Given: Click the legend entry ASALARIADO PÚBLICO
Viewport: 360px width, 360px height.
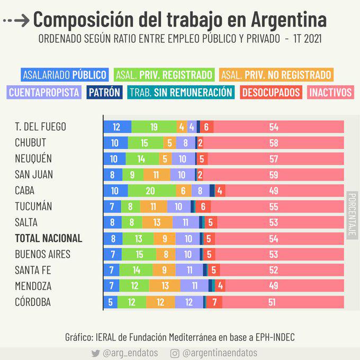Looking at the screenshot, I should click(x=65, y=75).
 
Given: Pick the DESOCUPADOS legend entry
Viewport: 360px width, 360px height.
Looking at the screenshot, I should click(x=272, y=92).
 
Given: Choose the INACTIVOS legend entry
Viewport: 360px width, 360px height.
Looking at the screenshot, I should click(x=330, y=92).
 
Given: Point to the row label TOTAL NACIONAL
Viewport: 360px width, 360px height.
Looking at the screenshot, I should click(x=49, y=238).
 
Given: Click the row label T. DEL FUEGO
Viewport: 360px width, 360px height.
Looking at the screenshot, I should click(x=41, y=127).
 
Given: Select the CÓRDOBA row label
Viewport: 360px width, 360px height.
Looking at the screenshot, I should click(x=36, y=302).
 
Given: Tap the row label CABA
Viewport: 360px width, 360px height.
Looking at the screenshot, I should click(x=25, y=191).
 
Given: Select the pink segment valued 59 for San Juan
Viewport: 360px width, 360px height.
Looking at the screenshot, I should click(x=274, y=175).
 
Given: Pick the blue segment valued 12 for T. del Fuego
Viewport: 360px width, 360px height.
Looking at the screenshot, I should click(x=117, y=127).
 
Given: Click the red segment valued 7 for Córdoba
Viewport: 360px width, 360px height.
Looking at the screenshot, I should click(x=214, y=302).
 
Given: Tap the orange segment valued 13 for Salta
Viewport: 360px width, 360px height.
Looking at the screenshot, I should click(x=157, y=222).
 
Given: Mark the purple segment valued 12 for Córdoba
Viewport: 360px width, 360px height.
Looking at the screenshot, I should click(x=188, y=302).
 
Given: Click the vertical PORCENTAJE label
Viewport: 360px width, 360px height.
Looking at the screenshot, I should click(x=352, y=214).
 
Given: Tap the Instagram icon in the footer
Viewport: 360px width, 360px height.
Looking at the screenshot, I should click(x=175, y=353).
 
